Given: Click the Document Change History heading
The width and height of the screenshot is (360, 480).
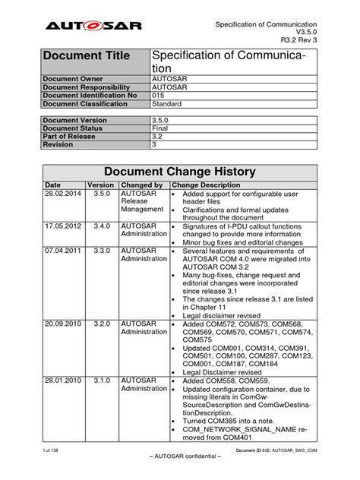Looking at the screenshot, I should (179, 172).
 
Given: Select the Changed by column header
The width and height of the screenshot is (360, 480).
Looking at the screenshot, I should (142, 185).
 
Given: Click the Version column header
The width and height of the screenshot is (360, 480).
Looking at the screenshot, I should (100, 185).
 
